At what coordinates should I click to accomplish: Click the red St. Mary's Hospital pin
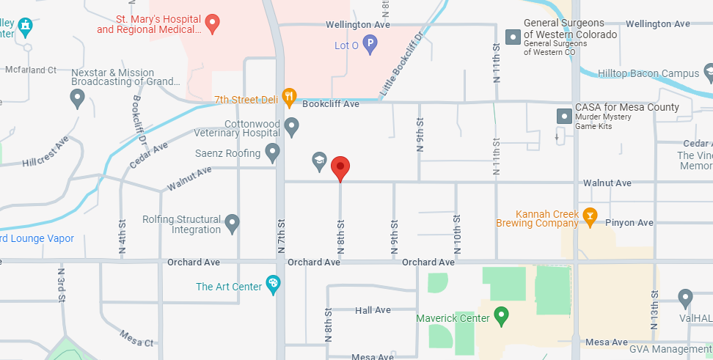coord(213,23)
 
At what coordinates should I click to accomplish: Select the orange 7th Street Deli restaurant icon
coord(290,95)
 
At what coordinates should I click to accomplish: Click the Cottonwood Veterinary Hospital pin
coord(291,127)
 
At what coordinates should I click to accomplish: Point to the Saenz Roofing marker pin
coord(272,153)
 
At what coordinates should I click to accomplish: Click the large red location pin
coord(340,168)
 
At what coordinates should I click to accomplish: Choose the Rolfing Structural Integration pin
coord(233,223)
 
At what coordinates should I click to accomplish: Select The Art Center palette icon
coord(273,284)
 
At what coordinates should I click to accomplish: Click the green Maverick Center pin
coord(502,316)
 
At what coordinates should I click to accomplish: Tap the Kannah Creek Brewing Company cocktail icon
coord(590,216)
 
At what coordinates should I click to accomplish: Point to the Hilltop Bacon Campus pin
coord(708,73)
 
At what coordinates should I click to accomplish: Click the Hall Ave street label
coord(373,310)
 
